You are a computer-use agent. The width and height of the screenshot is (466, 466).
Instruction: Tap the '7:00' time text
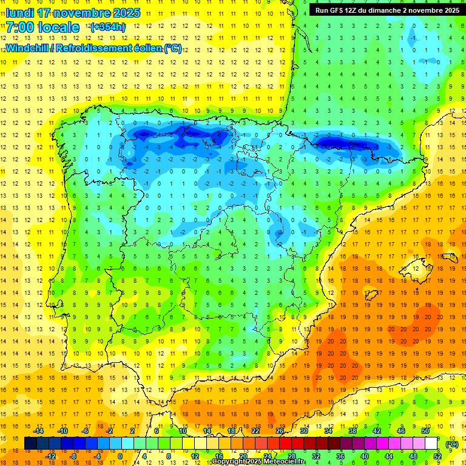pos(20,27)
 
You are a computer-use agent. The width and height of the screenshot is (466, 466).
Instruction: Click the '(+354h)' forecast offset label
pos(108,27)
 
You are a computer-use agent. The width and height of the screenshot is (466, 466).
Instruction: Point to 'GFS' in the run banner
pos(339,10)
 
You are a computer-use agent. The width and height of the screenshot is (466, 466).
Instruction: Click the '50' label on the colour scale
pos(425,431)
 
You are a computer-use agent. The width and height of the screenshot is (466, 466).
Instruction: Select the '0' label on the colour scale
pos(120,456)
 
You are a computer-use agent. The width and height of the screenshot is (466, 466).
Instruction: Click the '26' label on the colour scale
pos(280,431)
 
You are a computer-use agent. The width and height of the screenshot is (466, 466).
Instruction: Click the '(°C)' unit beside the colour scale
pos(452,444)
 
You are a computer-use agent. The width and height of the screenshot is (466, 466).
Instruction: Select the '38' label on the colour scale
pos(353,431)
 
